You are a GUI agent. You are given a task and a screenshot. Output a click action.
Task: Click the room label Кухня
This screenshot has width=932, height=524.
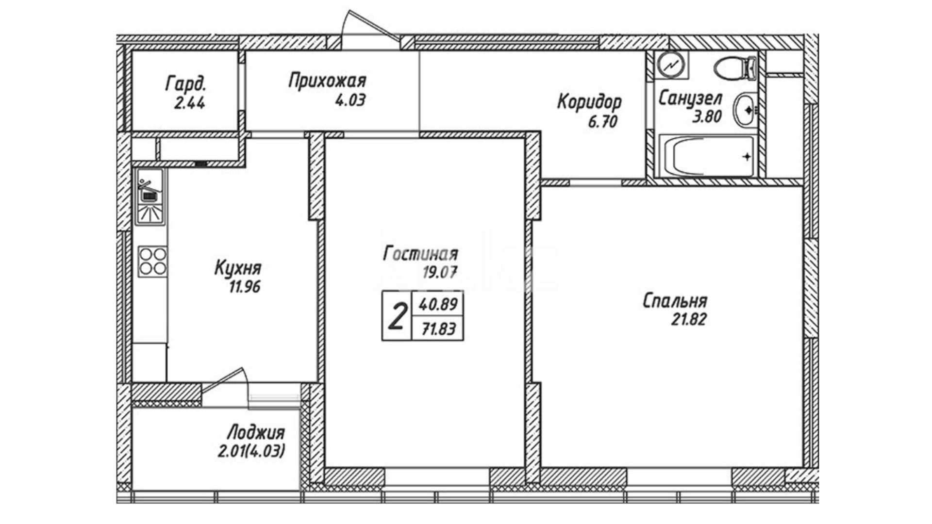tap(238, 268)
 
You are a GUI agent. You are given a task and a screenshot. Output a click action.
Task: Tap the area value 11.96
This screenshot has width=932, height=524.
tap(245, 287)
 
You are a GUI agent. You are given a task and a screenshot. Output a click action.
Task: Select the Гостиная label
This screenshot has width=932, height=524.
tap(420, 253)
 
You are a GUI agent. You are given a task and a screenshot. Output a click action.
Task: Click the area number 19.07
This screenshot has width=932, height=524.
tap(440, 272)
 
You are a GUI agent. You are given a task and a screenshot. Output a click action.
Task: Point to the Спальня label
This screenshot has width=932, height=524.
tap(675, 301)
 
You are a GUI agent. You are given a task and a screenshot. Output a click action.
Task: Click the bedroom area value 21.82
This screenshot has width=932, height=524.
tap(689, 319)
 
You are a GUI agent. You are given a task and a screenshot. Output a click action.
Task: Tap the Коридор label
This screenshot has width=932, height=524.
tap(589, 102)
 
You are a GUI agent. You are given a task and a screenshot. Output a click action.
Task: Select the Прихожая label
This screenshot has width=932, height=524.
tap(327, 81)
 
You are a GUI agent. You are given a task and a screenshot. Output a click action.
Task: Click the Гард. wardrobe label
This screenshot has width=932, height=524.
tap(186, 83)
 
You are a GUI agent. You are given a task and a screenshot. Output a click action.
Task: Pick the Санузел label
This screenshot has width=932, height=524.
tap(690, 98)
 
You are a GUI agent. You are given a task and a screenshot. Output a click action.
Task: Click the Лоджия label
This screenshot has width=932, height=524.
tap(256, 432)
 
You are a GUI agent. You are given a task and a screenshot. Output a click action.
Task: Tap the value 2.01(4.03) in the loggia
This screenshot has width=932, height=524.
tap(251, 451)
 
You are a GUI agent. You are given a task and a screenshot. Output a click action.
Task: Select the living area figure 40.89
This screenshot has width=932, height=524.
tap(438, 304)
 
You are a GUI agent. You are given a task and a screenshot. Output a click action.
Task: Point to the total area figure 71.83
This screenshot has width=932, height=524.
tap(439, 329)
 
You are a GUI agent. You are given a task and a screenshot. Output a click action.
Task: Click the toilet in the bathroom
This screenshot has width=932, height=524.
tap(735, 68)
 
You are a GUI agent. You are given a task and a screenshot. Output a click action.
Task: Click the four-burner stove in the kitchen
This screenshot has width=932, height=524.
tap(152, 262)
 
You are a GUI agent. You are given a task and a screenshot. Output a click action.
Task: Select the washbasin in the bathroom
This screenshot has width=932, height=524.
tap(745, 110)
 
